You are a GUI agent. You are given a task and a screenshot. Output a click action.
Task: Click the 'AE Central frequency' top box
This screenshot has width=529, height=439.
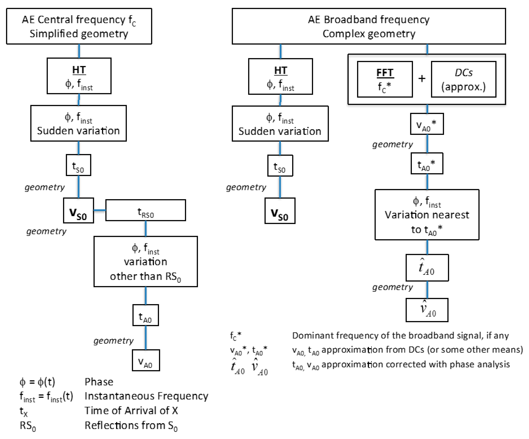coord(79,26)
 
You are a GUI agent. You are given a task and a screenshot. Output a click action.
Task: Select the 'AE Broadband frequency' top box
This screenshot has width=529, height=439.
coord(369,26)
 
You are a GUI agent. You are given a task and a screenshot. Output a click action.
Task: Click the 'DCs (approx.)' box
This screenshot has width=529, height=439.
coord(464,79)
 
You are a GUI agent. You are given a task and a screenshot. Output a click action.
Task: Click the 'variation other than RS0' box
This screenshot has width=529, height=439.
coord(146,261)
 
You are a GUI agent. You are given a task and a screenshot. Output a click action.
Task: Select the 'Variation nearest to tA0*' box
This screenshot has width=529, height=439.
coord(427,215)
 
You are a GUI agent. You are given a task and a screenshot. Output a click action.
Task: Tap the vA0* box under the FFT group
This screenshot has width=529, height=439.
coord(427,124)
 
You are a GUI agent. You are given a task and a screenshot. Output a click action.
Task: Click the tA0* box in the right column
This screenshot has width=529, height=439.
coord(427,163)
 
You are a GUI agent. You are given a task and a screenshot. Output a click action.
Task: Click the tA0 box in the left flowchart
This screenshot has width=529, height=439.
coord(146,315)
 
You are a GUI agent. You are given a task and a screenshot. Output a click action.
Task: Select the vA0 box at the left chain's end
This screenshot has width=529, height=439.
coord(146,360)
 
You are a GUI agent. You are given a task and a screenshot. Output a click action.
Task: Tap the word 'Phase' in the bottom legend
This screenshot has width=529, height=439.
coord(99,382)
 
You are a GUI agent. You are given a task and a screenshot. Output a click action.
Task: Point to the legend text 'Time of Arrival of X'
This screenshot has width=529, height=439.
coord(131,411)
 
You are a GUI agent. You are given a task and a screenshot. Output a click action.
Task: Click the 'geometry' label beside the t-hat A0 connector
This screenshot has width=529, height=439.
coord(392,287)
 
